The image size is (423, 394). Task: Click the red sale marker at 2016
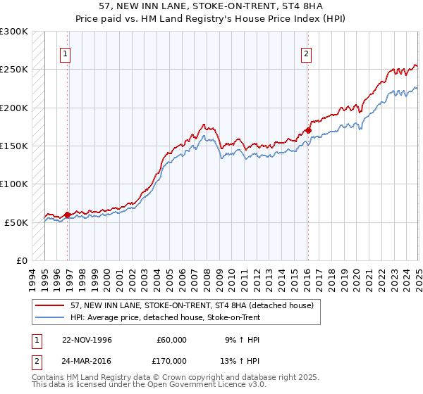pyautogui.click(x=308, y=130)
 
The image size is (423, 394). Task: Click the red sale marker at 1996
pyautogui.click(x=68, y=215)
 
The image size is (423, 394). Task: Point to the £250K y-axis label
pyautogui.click(x=15, y=70)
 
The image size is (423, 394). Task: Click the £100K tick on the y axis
pyautogui.click(x=15, y=184)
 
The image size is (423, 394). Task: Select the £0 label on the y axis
pyautogui.click(x=21, y=260)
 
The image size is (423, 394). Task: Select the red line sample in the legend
pyautogui.click(x=51, y=305)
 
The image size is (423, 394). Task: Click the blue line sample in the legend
pyautogui.click(x=51, y=317)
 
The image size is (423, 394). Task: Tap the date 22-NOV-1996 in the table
pyautogui.click(x=87, y=340)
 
